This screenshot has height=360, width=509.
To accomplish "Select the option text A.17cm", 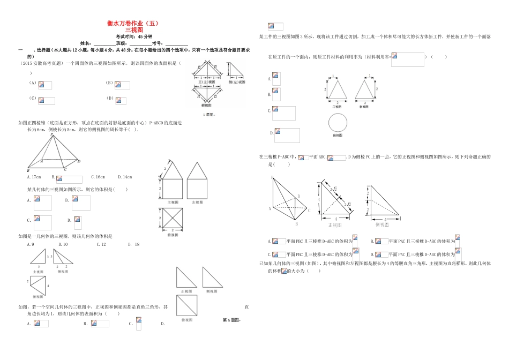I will click(34, 177).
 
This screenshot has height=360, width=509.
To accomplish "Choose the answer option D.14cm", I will click(125, 177).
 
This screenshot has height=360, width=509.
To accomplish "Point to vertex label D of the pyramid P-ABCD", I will click(79, 161).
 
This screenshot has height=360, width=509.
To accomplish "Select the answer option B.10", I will click(62, 244).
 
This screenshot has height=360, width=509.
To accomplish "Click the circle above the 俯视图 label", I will click(338, 124).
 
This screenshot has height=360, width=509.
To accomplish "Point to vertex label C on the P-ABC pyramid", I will click(310, 211).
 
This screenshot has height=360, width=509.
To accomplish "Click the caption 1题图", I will click(208, 115).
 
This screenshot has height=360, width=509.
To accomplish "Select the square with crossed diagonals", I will click(173, 219).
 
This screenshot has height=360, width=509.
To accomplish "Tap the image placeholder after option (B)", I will click(122, 85).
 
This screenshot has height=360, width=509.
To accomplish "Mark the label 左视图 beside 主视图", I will click(198, 202).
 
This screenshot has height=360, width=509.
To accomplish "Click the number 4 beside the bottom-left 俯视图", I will click(48, 286).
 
